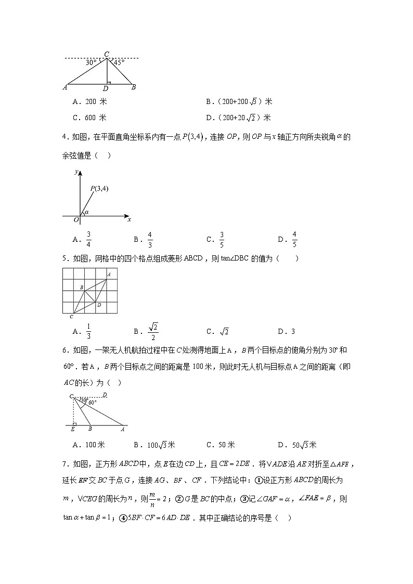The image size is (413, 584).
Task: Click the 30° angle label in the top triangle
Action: pos(91,62)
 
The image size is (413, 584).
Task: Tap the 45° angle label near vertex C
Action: pos(119,62)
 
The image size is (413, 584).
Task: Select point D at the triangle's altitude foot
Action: pos(106,88)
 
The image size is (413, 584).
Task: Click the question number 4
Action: pos(64,137)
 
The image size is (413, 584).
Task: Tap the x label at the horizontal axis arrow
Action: pos(130,219)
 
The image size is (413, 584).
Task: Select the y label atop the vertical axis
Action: pos(76,171)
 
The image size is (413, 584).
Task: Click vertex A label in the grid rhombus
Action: pos(109,274)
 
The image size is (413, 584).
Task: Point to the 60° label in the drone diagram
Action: pos(92,403)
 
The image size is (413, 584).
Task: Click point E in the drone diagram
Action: pos(72,429)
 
